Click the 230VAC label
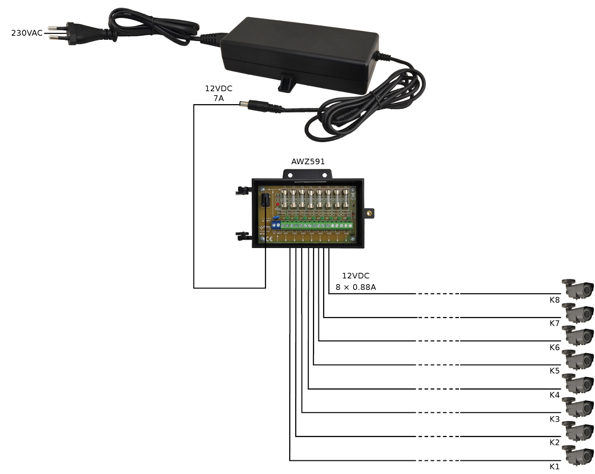(x=27, y=33)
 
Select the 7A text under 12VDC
(x=219, y=99)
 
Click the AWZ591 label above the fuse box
(x=308, y=162)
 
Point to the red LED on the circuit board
(x=277, y=205)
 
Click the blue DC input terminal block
(x=276, y=225)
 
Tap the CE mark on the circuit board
(x=269, y=239)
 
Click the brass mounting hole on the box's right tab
(x=368, y=214)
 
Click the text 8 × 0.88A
(x=356, y=287)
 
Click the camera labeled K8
(x=578, y=289)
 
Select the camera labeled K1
(x=578, y=456)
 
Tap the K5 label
(x=555, y=371)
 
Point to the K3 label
(x=555, y=419)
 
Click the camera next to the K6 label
(x=578, y=336)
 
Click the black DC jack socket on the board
(x=265, y=199)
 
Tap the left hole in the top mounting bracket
(x=290, y=175)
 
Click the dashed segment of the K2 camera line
(x=438, y=437)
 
